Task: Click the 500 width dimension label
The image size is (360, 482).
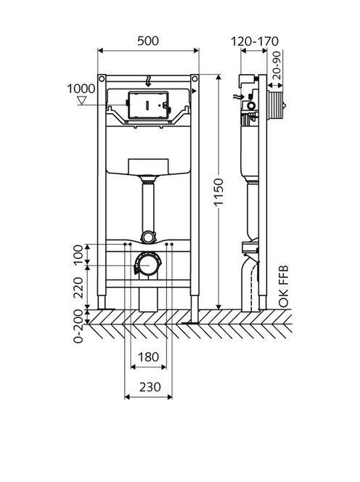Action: click(148, 41)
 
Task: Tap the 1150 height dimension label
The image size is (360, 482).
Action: click(218, 192)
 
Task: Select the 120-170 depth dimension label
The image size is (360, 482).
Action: click(255, 41)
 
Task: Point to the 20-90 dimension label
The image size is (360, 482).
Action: click(277, 65)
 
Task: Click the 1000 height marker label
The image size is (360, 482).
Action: click(81, 89)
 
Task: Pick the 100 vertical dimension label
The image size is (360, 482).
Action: click(78, 254)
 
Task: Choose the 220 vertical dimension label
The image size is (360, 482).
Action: click(78, 287)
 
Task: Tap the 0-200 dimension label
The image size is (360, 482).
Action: click(78, 326)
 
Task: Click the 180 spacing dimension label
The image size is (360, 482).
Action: click(148, 357)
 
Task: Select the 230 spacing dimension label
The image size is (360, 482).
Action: click(150, 387)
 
